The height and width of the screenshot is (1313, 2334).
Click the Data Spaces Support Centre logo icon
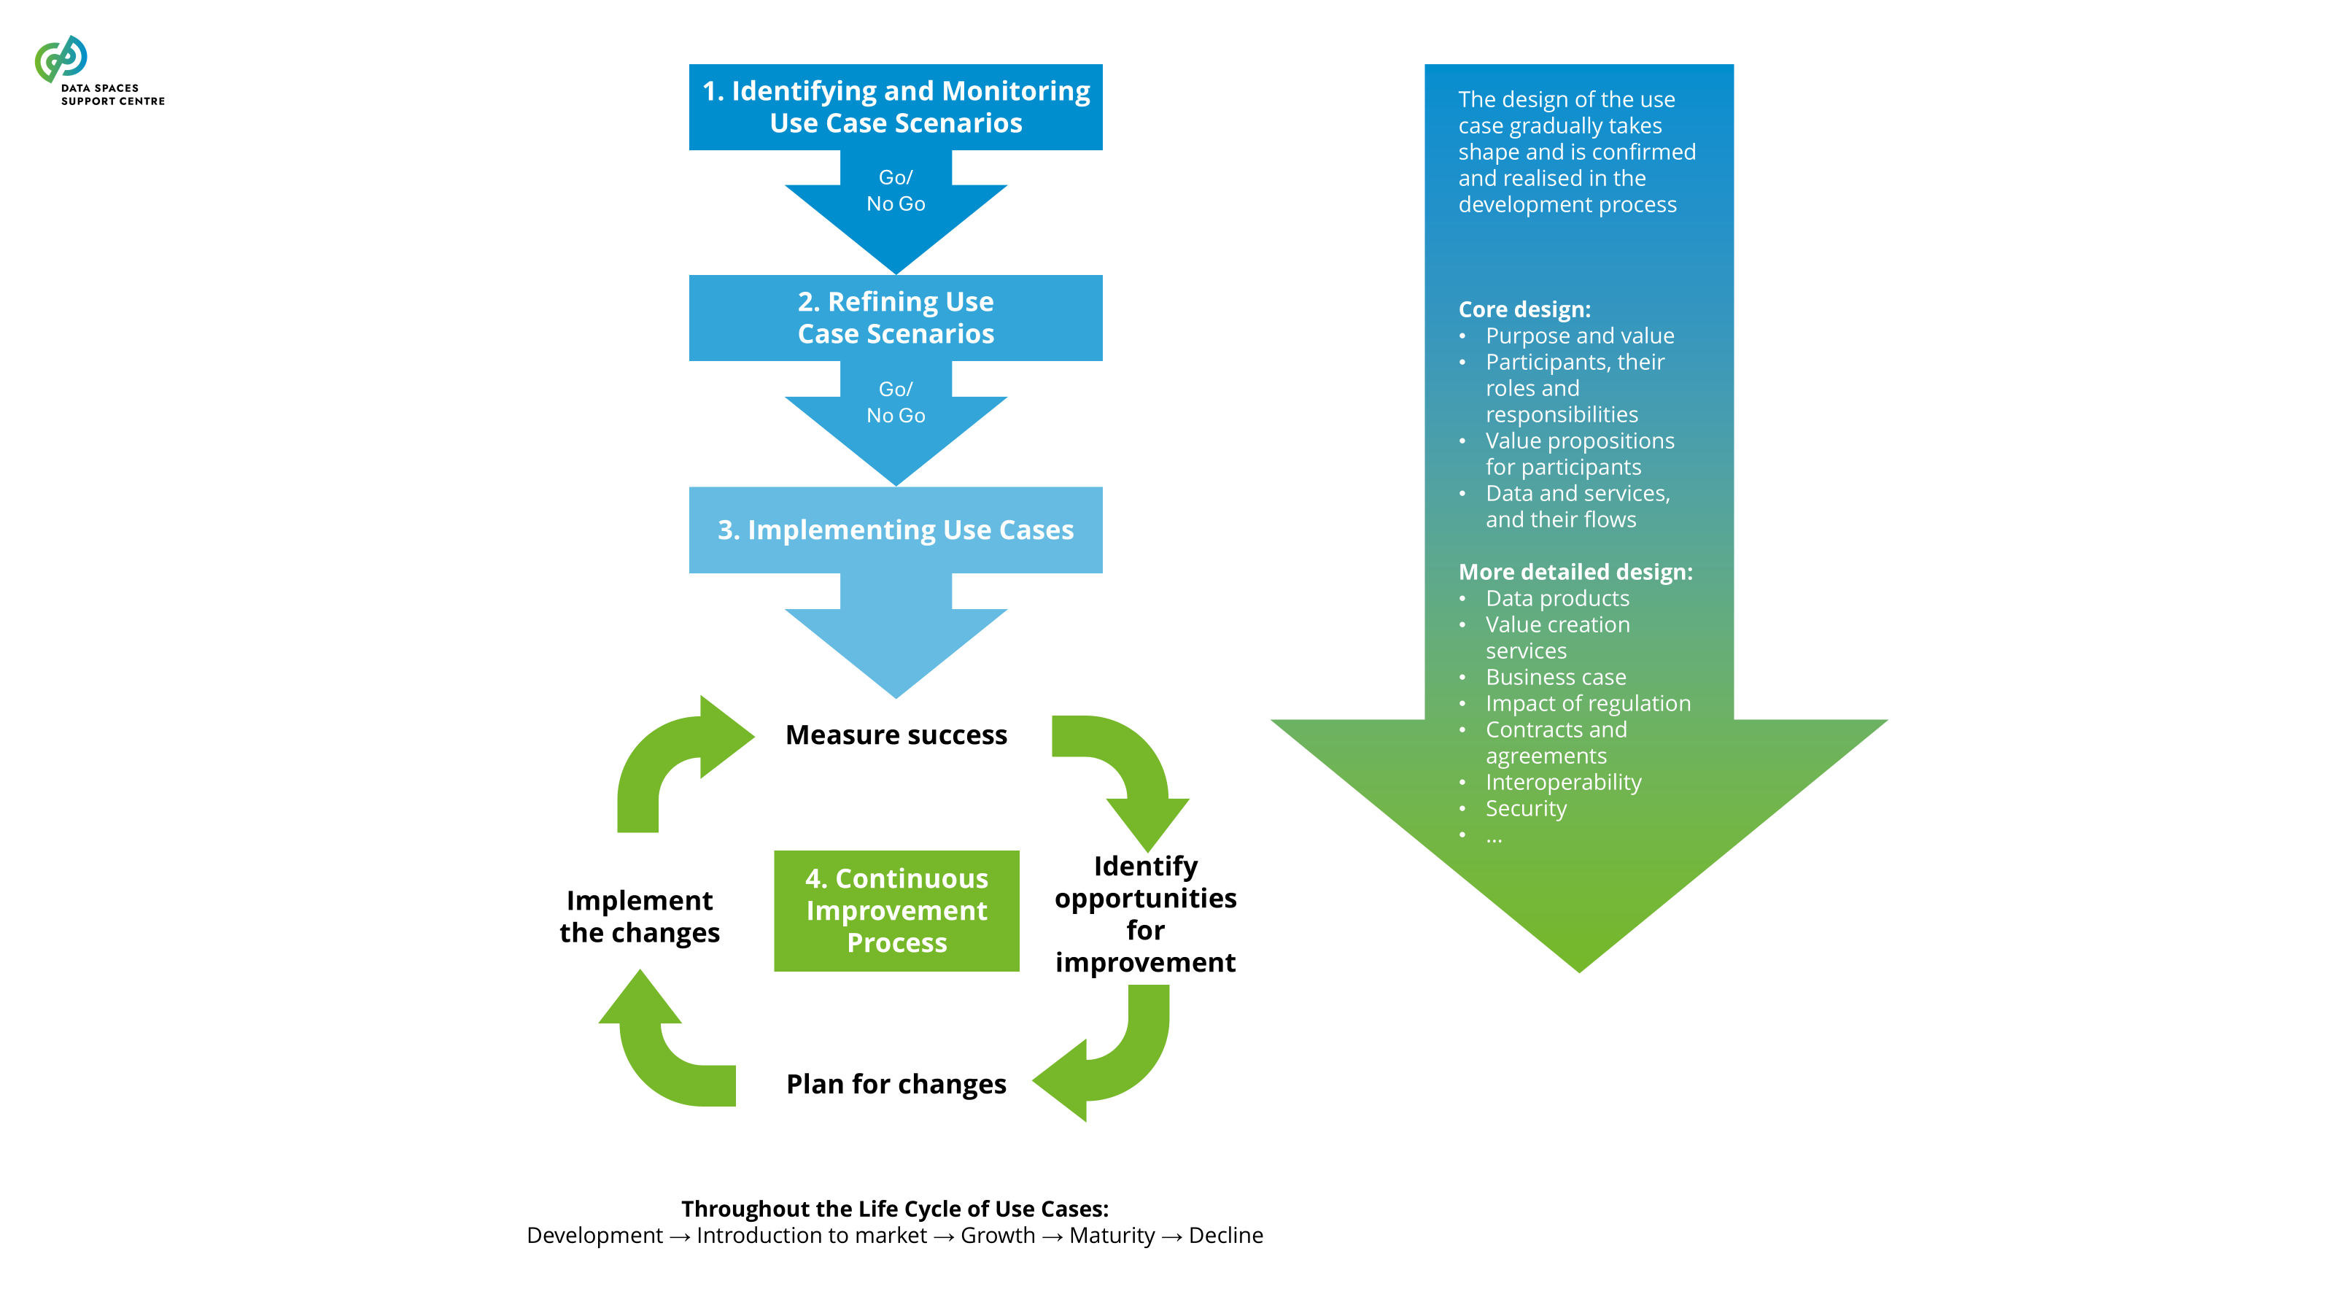pyautogui.click(x=61, y=59)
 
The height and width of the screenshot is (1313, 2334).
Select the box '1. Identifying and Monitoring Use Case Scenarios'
pyautogui.click(x=895, y=107)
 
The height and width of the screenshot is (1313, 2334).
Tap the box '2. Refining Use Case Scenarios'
pyautogui.click(x=895, y=317)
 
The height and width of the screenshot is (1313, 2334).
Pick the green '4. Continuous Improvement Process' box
pyautogui.click(x=896, y=910)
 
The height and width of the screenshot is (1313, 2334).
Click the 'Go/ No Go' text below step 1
pyautogui.click(x=895, y=190)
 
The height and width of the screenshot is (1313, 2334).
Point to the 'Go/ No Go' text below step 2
pyautogui.click(x=895, y=403)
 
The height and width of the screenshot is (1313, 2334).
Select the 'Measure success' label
pyautogui.click(x=896, y=735)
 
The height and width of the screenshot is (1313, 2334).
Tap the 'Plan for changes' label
pyautogui.click(x=896, y=1084)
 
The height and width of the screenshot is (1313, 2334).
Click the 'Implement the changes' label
pyautogui.click(x=640, y=916)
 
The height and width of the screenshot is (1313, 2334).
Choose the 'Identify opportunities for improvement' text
pyautogui.click(x=1145, y=913)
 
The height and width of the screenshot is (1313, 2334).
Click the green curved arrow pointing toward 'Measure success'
pyautogui.click(x=670, y=761)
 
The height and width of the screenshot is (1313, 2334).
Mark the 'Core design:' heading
pyautogui.click(x=1524, y=309)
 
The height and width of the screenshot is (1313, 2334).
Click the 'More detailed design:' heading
pyautogui.click(x=1575, y=572)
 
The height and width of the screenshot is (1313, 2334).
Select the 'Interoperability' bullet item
pyautogui.click(x=1563, y=782)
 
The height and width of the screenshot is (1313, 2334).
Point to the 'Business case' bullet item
pyautogui.click(x=1555, y=677)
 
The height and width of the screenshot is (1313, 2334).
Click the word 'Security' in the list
pyautogui.click(x=1526, y=808)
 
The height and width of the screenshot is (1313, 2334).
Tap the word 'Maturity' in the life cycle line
pyautogui.click(x=1112, y=1235)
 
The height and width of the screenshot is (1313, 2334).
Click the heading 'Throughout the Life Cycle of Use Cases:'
pyautogui.click(x=894, y=1209)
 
